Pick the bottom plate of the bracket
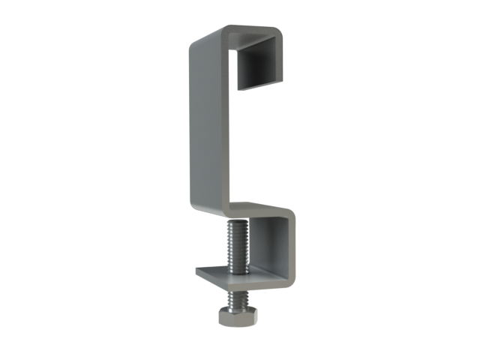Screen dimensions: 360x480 point(247,280)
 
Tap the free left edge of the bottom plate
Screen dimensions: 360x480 point(198,271)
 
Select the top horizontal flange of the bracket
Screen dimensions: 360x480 point(247,35)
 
